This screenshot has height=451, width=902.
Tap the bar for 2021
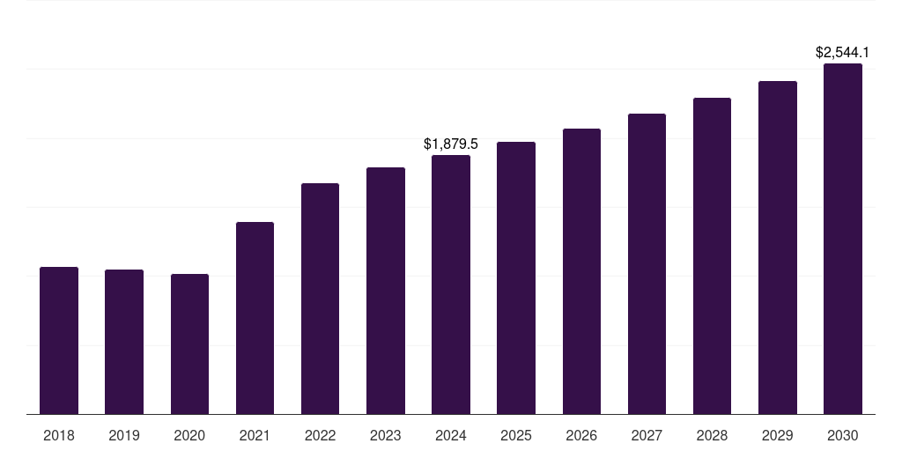(255, 318)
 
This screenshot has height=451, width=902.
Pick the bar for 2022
(320, 299)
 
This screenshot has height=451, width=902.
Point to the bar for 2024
(451, 285)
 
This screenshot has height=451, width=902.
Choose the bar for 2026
(581, 271)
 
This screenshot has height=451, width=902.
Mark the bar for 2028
(712, 255)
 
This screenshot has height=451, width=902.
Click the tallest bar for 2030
(843, 239)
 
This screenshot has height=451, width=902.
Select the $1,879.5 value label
(451, 144)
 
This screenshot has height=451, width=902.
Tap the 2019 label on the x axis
(124, 435)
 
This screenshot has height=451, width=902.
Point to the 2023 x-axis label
(386, 435)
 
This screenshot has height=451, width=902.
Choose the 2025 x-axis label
(516, 435)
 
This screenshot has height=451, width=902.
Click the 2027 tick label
(647, 435)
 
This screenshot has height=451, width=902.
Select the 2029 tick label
(778, 435)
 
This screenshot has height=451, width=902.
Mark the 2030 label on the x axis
(843, 435)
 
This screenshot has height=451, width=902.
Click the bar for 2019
(124, 342)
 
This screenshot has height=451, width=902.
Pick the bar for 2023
(386, 291)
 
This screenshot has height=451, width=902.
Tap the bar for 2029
(778, 248)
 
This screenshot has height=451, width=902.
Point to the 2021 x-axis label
(255, 435)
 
